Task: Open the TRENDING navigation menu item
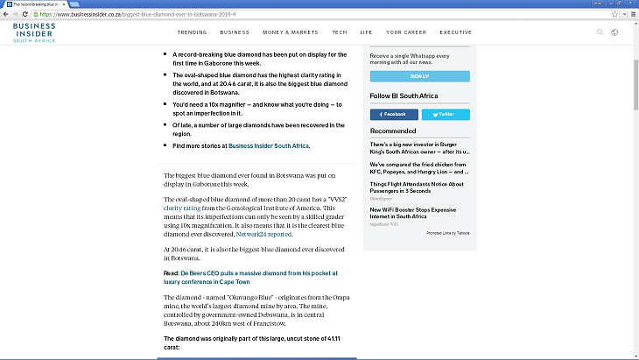(192, 32)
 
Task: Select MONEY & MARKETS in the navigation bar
(291, 32)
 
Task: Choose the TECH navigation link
(340, 32)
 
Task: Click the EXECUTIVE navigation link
(455, 32)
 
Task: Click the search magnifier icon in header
(600, 32)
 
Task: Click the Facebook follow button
(393, 114)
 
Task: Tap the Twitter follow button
(445, 114)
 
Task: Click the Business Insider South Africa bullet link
(269, 145)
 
